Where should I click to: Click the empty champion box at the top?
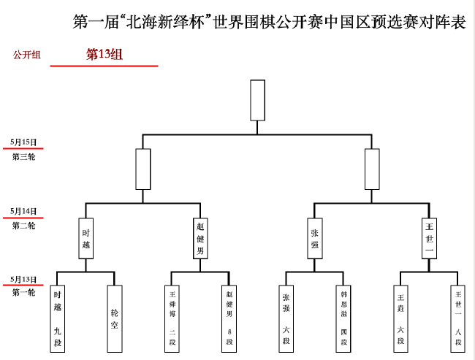(257, 99)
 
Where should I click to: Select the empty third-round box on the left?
(142, 169)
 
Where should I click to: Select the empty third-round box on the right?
(372, 169)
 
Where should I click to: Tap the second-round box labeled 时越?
(85, 238)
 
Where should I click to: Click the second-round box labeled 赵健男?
(200, 238)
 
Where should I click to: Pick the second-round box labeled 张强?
(315, 238)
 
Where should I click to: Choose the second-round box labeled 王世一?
(430, 238)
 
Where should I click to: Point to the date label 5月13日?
(23, 279)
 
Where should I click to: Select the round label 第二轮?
(23, 226)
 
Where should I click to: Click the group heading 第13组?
(104, 54)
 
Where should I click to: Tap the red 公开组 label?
(27, 55)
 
